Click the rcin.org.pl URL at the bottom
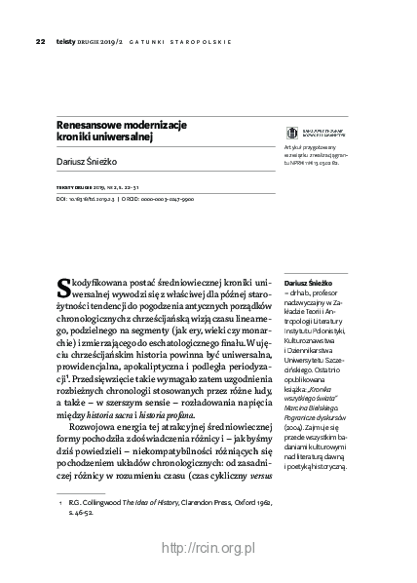[x=208, y=549]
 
